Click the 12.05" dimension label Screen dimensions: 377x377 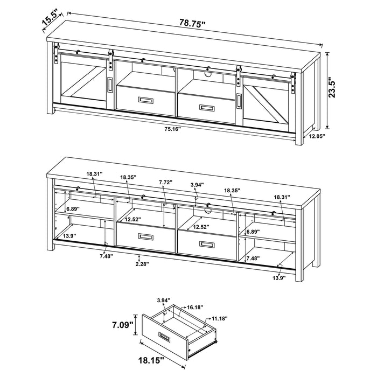pyautogui.click(x=318, y=137)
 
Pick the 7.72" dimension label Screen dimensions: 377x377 pyautogui.click(x=165, y=183)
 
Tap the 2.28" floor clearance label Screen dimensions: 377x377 pyautogui.click(x=142, y=264)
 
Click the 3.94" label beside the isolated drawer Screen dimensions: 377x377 pyautogui.click(x=163, y=300)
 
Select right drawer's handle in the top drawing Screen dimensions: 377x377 pyautogui.click(x=207, y=107)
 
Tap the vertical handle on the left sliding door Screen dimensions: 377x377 pyautogui.click(x=110, y=86)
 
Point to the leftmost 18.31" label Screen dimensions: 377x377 pyautogui.click(x=94, y=174)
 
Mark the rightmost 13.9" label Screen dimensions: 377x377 pyautogui.click(x=278, y=278)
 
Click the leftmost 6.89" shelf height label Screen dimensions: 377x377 pyautogui.click(x=73, y=208)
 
